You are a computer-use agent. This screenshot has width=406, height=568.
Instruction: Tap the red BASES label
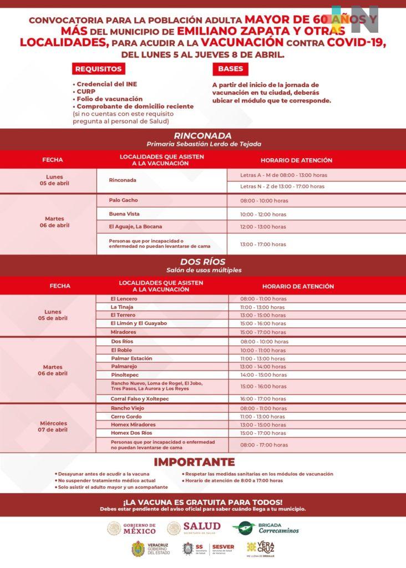point(230,69)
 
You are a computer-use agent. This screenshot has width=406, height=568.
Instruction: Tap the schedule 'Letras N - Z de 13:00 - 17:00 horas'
point(282,186)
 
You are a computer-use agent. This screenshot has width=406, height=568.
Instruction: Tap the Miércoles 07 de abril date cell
point(53,427)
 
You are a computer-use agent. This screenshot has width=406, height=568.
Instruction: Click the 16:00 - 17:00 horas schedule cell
point(263,399)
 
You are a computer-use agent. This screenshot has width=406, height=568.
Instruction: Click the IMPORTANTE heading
point(194,462)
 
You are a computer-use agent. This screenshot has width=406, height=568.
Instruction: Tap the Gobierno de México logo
point(132,529)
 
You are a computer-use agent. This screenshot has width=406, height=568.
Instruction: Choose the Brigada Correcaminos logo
point(266,528)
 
